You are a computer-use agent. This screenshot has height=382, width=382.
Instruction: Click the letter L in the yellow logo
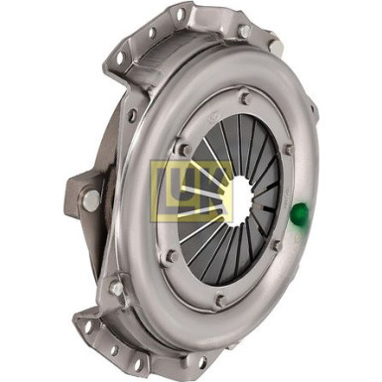(167, 189)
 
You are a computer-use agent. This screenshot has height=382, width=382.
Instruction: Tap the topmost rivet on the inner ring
(245, 98)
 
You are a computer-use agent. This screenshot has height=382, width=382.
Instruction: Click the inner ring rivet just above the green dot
(289, 149)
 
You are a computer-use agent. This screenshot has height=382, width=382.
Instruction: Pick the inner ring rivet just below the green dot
(277, 246)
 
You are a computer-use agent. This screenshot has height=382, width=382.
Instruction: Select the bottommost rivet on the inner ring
(220, 301)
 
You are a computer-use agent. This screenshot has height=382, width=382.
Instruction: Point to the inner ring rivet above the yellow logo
(186, 149)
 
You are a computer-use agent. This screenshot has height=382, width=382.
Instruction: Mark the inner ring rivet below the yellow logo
(172, 256)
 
